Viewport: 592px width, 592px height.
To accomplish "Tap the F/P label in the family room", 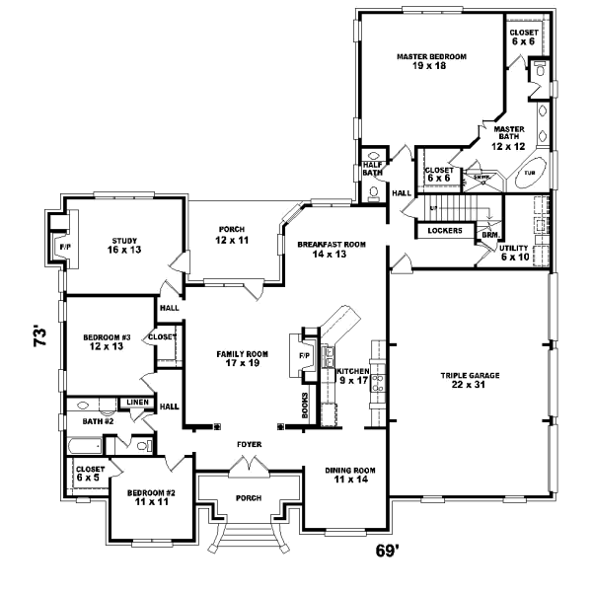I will pos(303,355).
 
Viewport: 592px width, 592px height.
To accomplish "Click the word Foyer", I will pos(249,445).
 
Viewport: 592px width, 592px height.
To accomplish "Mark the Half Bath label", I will pos(372,169).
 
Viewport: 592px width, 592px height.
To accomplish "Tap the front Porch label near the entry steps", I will pos(249,498).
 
